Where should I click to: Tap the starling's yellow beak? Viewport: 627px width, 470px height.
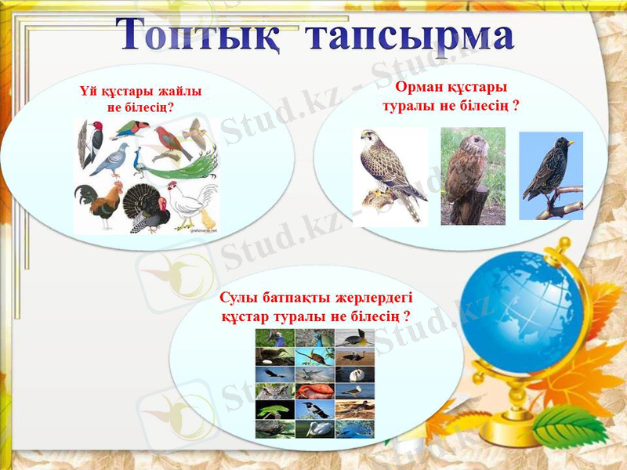click(x=571, y=143)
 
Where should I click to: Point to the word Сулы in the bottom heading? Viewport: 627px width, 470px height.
click(x=238, y=298)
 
